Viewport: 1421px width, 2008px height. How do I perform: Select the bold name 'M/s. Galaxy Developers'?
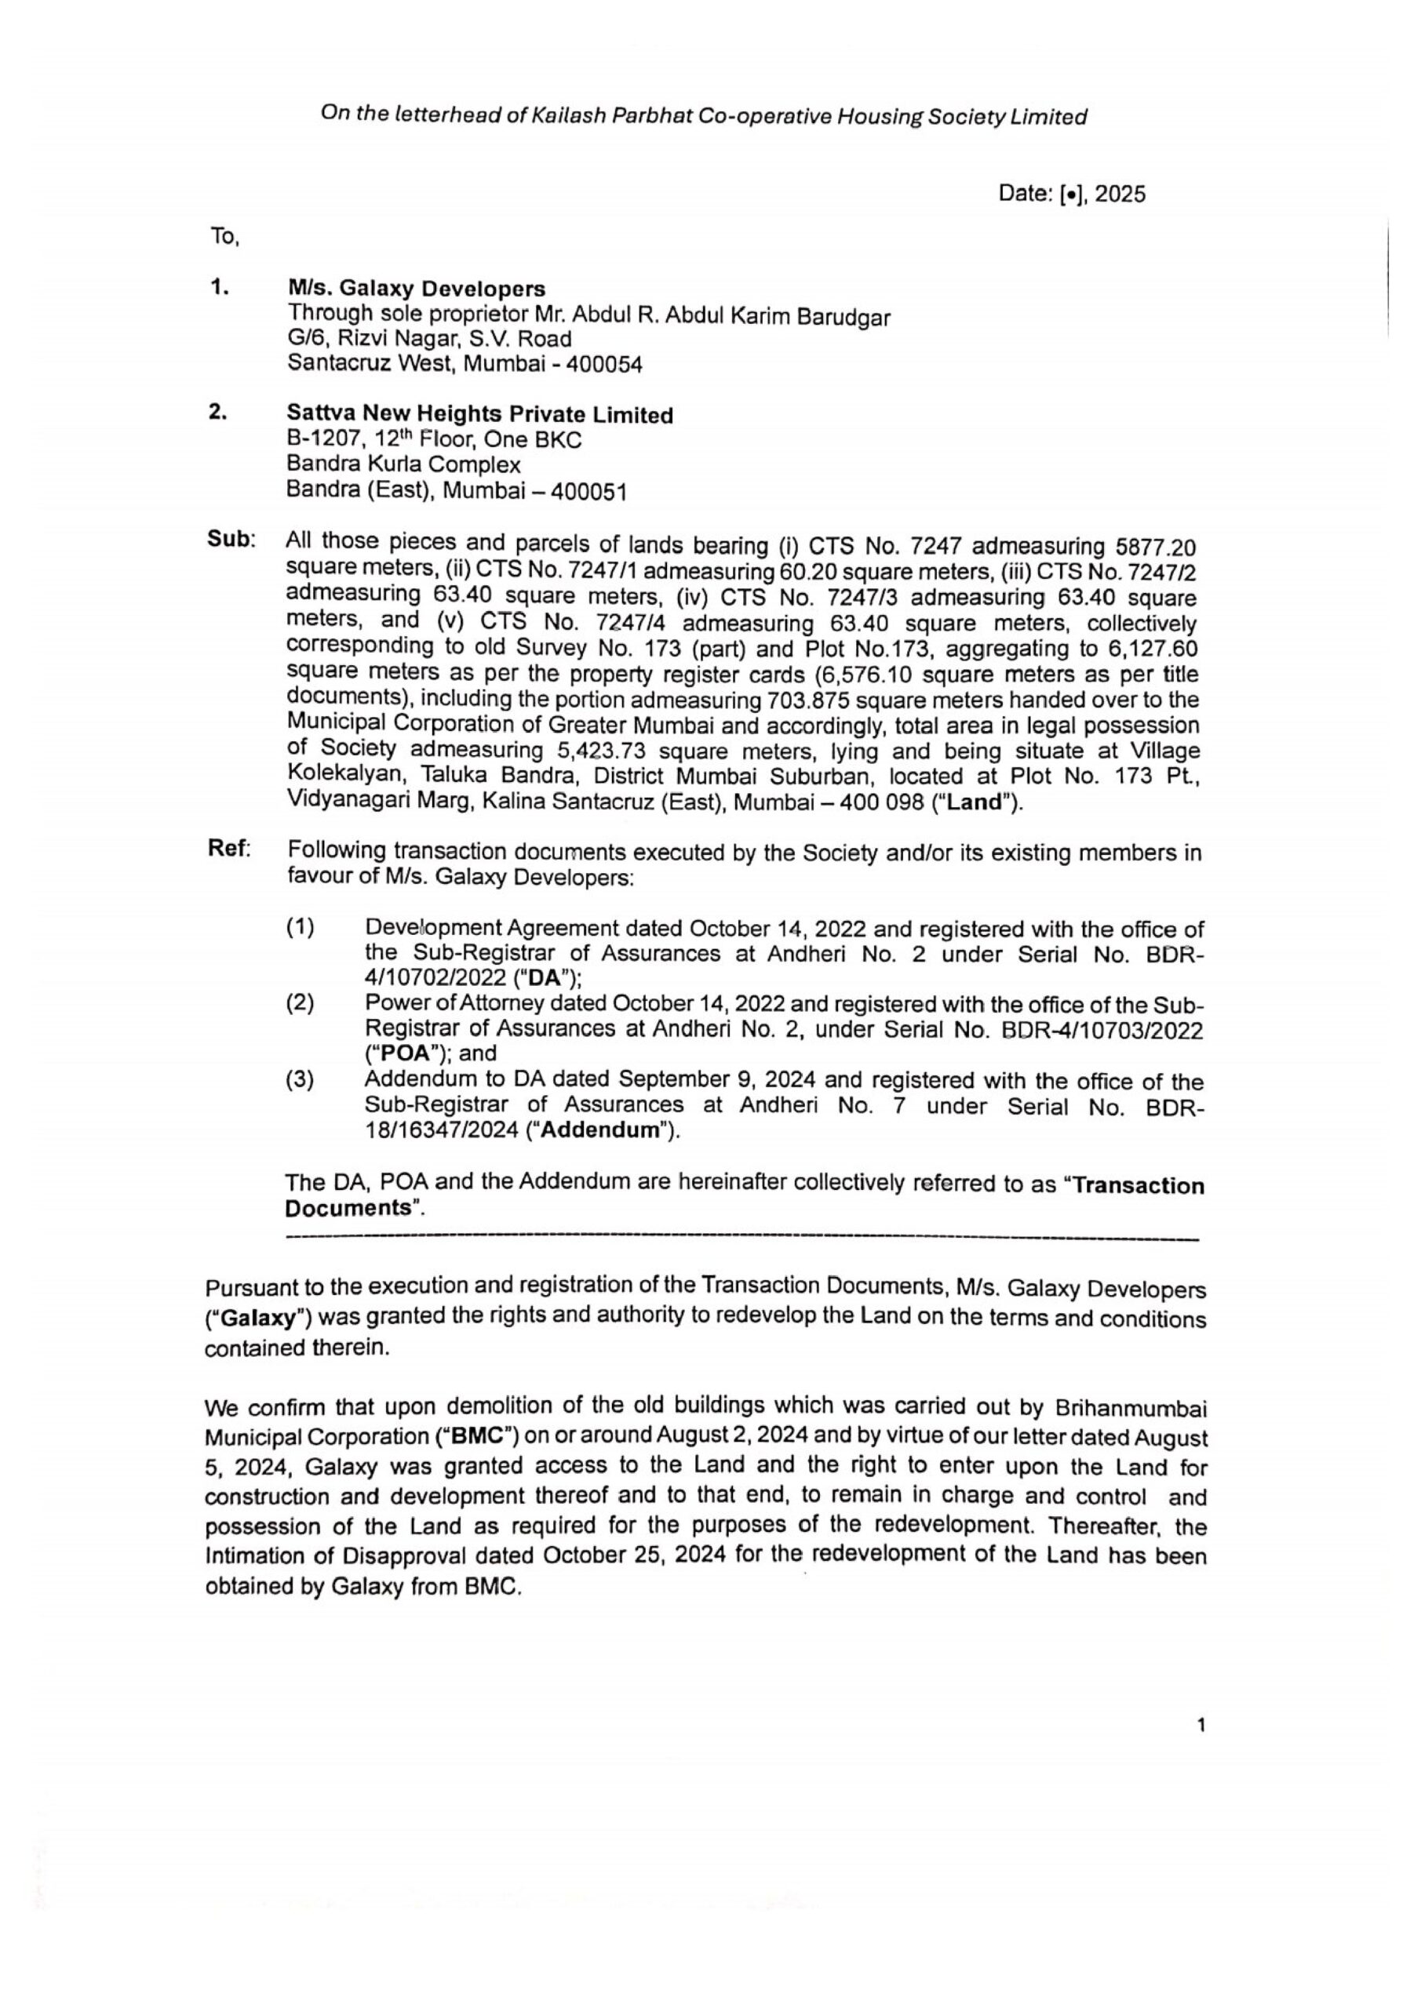click(x=417, y=289)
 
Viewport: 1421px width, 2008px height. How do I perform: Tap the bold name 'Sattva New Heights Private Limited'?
click(x=479, y=415)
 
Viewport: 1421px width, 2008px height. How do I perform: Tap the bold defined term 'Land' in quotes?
click(x=974, y=803)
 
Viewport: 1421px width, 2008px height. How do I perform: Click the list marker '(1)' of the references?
click(x=300, y=926)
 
